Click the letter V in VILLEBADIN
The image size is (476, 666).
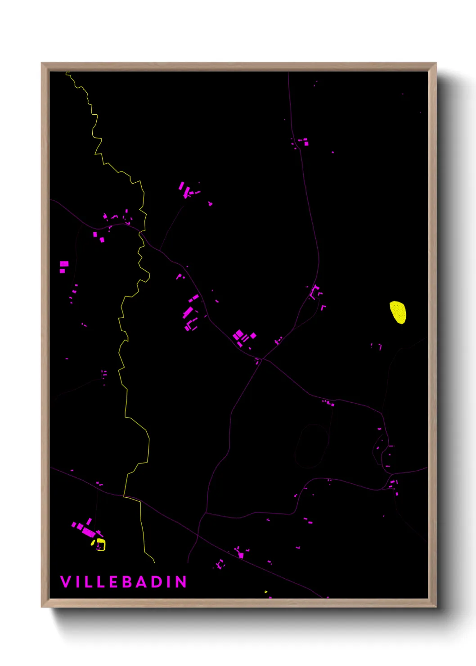coord(66,582)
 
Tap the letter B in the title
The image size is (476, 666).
coord(126,582)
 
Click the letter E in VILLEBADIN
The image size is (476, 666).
coord(113,582)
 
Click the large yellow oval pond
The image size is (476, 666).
coord(398,312)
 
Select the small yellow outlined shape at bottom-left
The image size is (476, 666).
coord(101,545)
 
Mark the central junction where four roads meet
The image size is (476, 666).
coord(262,359)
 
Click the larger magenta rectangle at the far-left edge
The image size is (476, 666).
coord(64,264)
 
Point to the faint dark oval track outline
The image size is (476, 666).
coord(311,445)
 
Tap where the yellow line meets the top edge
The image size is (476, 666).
coord(67,72)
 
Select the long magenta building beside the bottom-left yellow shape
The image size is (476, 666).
coord(88,533)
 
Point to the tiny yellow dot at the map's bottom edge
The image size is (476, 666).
coord(266,592)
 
